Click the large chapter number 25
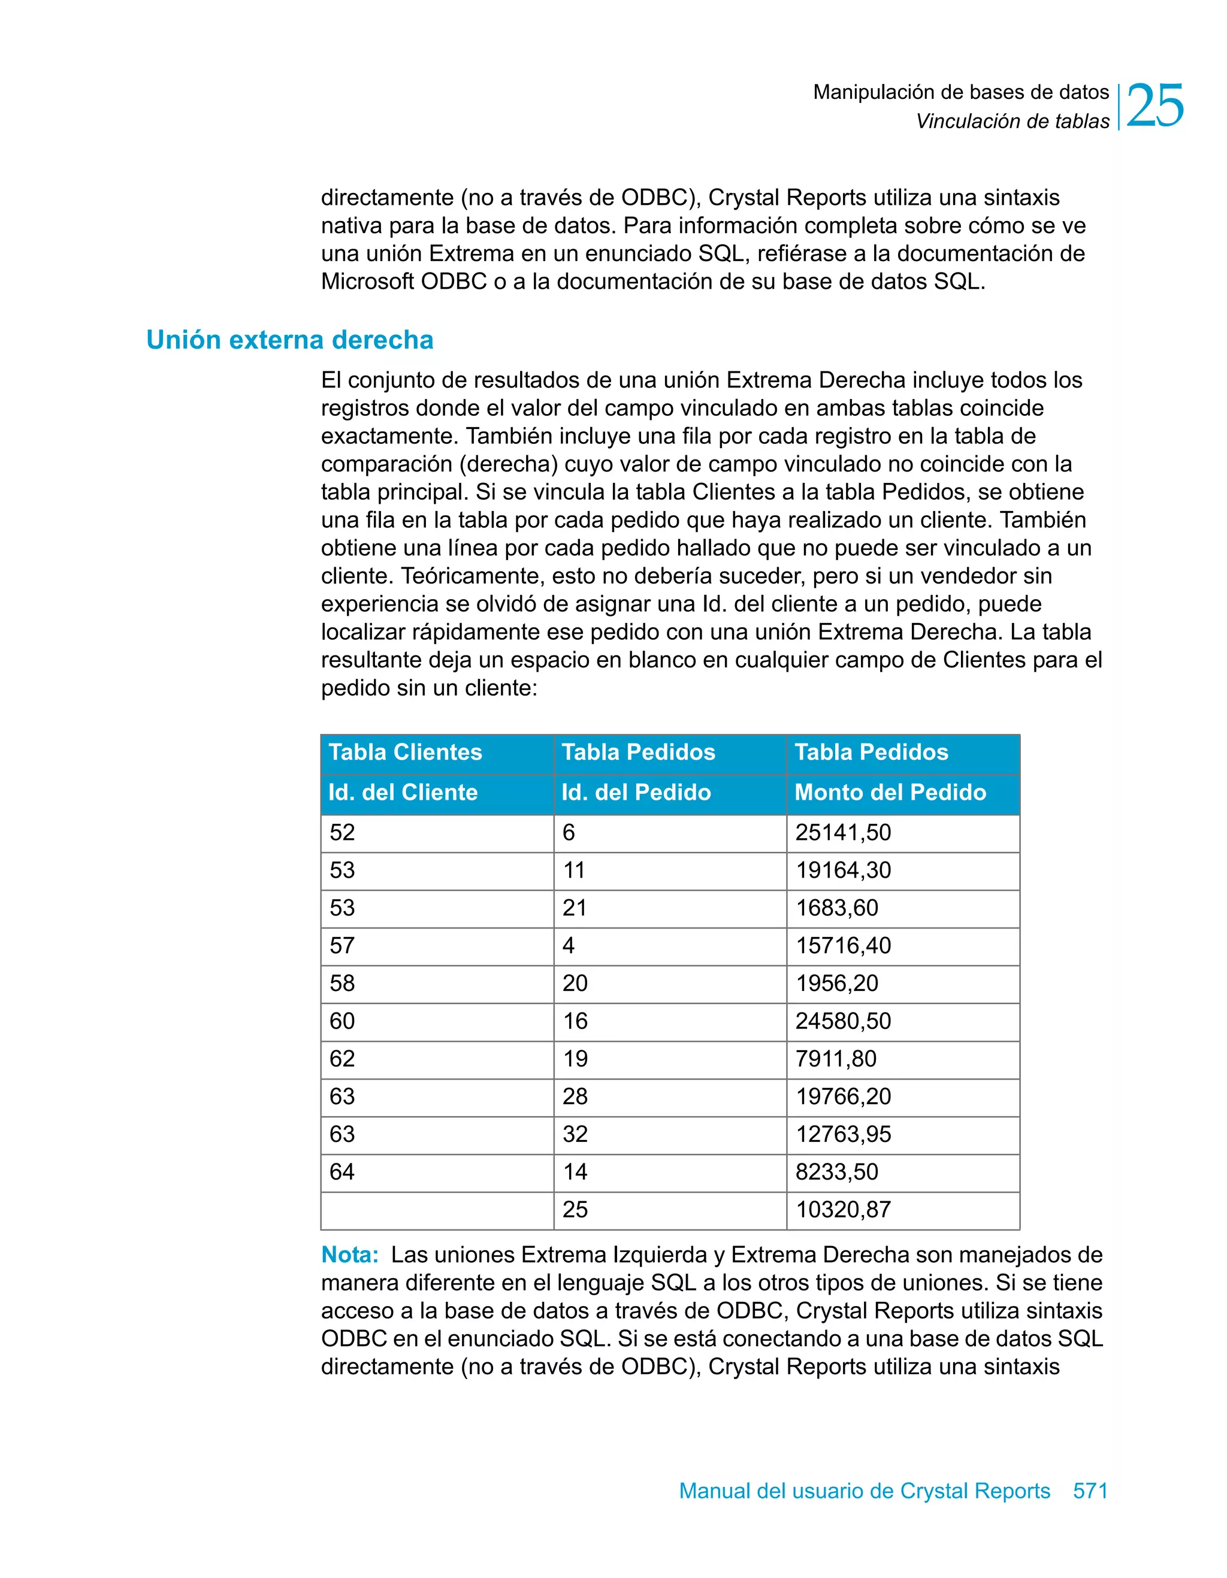[x=1154, y=106]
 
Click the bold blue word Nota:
[x=350, y=1255]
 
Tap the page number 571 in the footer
[x=1090, y=1491]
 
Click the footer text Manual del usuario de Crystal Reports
[x=865, y=1491]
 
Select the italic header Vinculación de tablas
[x=1013, y=122]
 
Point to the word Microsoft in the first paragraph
[x=368, y=282]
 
